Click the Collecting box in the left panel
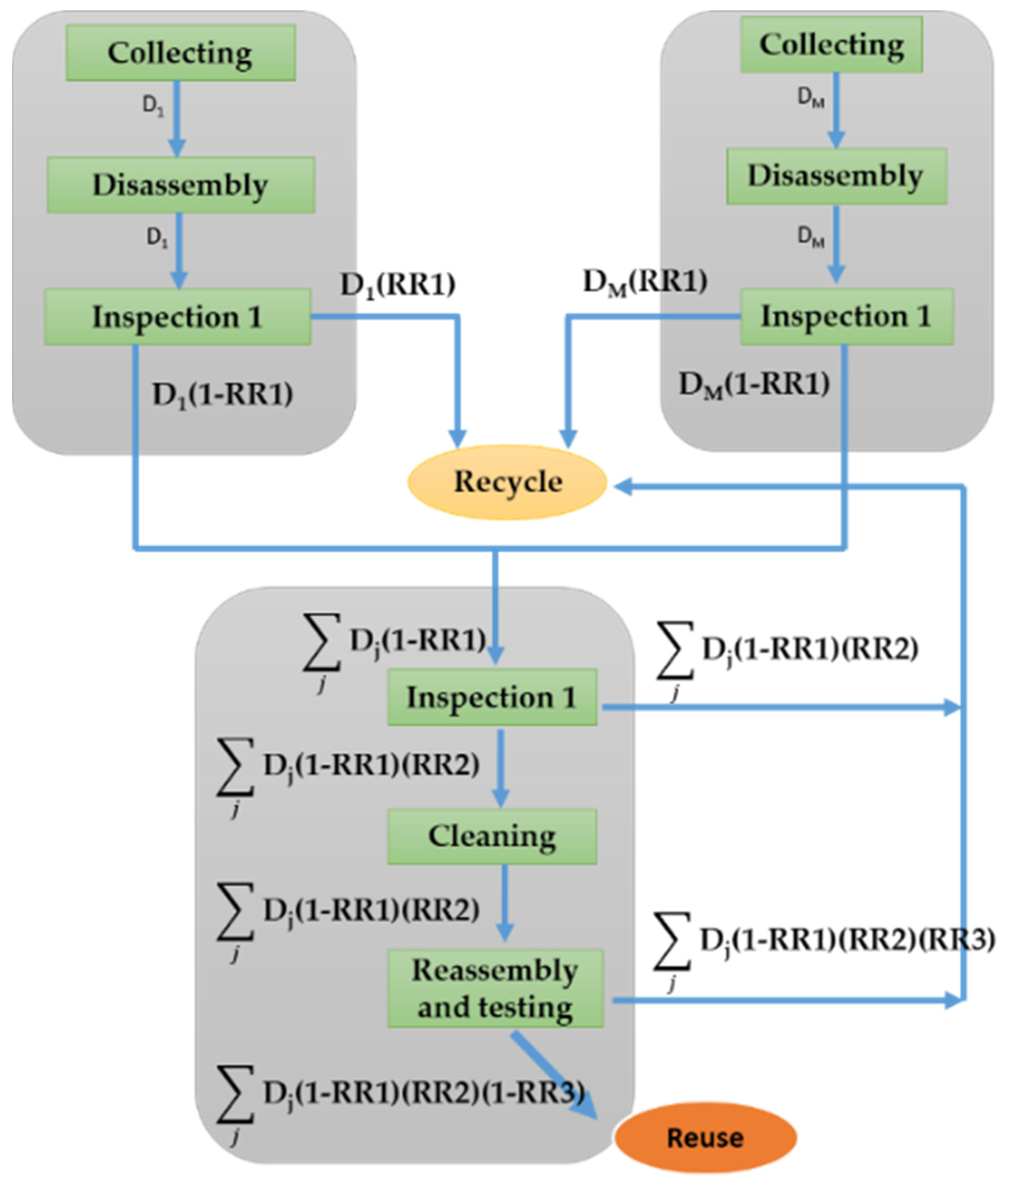180,52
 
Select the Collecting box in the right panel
831,44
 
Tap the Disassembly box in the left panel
180,185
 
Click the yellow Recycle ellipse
507,482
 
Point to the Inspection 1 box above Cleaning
492,697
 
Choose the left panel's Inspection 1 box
177,317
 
